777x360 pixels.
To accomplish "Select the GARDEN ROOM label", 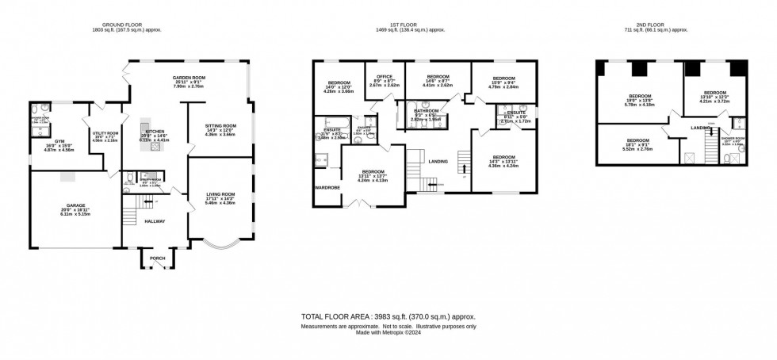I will click(189, 78).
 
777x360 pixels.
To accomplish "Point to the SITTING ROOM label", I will click(221, 126).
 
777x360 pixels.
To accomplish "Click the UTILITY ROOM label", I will click(105, 133).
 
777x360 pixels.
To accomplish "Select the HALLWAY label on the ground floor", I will click(155, 221).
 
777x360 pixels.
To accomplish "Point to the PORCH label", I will click(151, 256).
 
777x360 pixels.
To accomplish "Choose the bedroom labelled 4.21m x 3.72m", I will click(715, 91).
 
